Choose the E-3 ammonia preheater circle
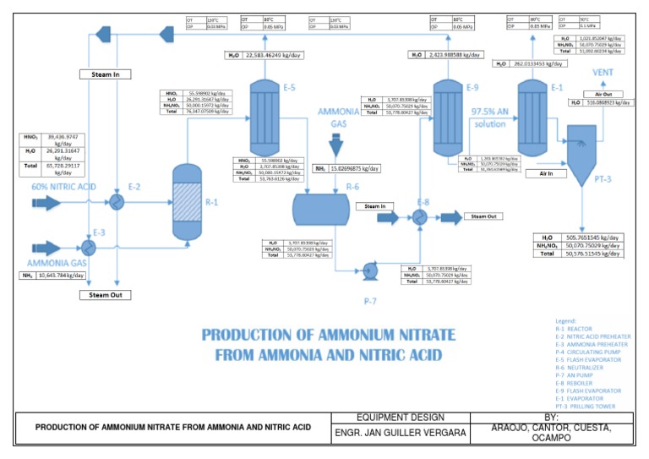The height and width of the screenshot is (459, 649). (88, 245)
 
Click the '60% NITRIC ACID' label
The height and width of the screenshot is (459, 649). (63, 186)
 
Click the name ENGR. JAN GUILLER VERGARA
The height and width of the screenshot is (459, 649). (413, 434)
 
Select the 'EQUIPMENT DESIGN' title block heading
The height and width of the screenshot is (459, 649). (414, 417)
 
